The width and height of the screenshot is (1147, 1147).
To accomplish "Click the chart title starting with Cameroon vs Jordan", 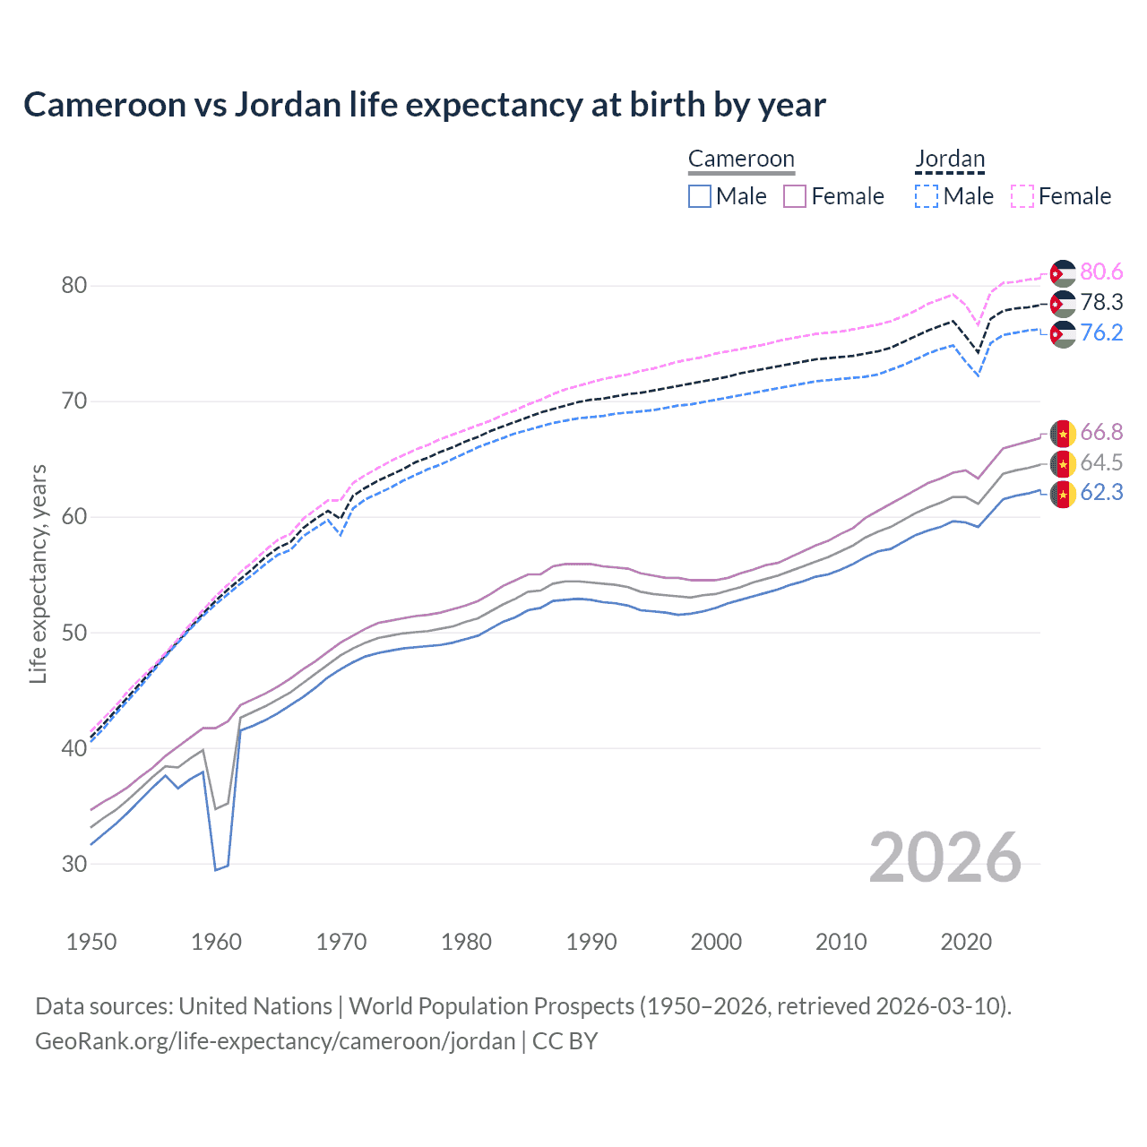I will tap(424, 105).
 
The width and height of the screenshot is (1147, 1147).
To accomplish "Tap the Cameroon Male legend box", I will tap(700, 196).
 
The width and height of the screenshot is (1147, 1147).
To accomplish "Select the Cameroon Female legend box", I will tap(795, 196).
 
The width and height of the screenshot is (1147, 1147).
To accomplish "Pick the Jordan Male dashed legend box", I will tap(927, 196).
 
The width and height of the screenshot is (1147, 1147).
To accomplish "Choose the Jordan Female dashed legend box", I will tap(1022, 196).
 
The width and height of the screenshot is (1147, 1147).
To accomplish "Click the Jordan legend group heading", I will tap(950, 160).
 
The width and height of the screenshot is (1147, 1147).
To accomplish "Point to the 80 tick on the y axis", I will tap(73, 286).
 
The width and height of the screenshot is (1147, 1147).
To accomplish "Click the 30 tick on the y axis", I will tap(73, 864).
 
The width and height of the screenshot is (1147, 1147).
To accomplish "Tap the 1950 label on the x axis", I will tap(91, 942).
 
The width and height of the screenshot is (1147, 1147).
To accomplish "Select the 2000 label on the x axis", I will tap(716, 942).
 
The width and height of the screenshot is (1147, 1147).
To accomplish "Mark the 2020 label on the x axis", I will tap(966, 942).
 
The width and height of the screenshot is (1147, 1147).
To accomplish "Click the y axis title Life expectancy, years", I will tap(38, 573).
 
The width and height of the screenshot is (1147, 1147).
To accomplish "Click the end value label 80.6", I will tap(1101, 272).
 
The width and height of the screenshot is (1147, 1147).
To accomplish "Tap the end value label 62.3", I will tap(1101, 493).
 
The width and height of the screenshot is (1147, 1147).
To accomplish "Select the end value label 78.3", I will tap(1101, 303).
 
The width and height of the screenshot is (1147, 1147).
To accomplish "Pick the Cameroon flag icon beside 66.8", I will tap(1063, 433).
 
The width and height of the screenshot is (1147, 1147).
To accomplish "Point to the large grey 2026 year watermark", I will tap(945, 858).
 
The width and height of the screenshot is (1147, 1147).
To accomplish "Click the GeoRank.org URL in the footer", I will tap(275, 1041).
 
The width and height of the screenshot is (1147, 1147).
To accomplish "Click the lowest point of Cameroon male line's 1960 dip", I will tap(216, 869).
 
